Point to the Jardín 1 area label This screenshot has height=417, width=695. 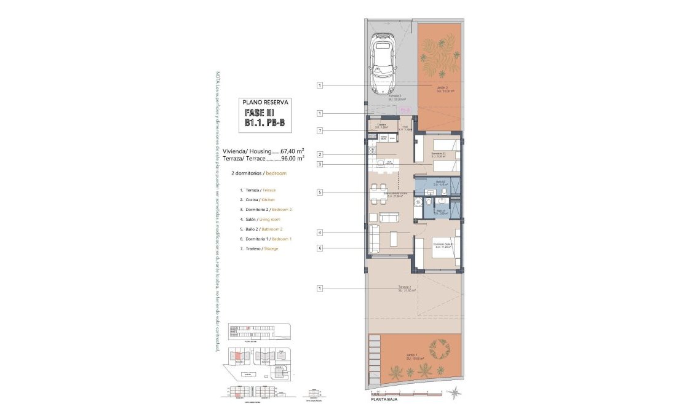pyautogui.click(x=412, y=356)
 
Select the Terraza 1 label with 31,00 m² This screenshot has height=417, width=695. pyautogui.click(x=406, y=288)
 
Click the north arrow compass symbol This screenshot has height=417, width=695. pyautogui.click(x=453, y=393)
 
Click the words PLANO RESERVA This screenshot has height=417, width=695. pyautogui.click(x=264, y=102)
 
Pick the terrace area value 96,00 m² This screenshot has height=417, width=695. pyautogui.click(x=292, y=158)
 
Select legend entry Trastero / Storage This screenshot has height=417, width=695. pyautogui.click(x=258, y=248)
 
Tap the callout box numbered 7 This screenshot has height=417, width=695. pyautogui.click(x=320, y=130)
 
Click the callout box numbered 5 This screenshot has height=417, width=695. pyautogui.click(x=320, y=193)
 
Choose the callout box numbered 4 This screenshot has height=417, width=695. pyautogui.click(x=320, y=232)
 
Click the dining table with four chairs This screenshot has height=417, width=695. pyautogui.click(x=379, y=191)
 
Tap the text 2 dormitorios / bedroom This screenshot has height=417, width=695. pyautogui.click(x=259, y=173)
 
